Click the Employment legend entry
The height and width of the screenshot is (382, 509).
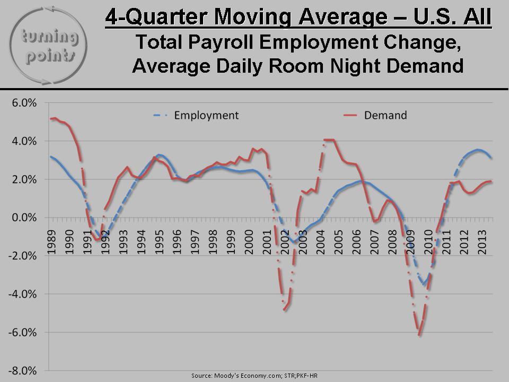[x=206, y=115]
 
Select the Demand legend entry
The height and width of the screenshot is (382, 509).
[x=385, y=115]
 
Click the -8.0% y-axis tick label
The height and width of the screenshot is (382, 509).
[x=24, y=370]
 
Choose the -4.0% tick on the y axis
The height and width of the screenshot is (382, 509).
[x=24, y=294]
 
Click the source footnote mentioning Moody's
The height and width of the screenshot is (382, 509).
[x=254, y=376]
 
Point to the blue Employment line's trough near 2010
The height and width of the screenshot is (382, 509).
[x=424, y=284]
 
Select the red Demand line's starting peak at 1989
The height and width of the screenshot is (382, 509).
[x=55, y=118]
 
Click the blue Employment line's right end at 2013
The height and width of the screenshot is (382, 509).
[x=490, y=158]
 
